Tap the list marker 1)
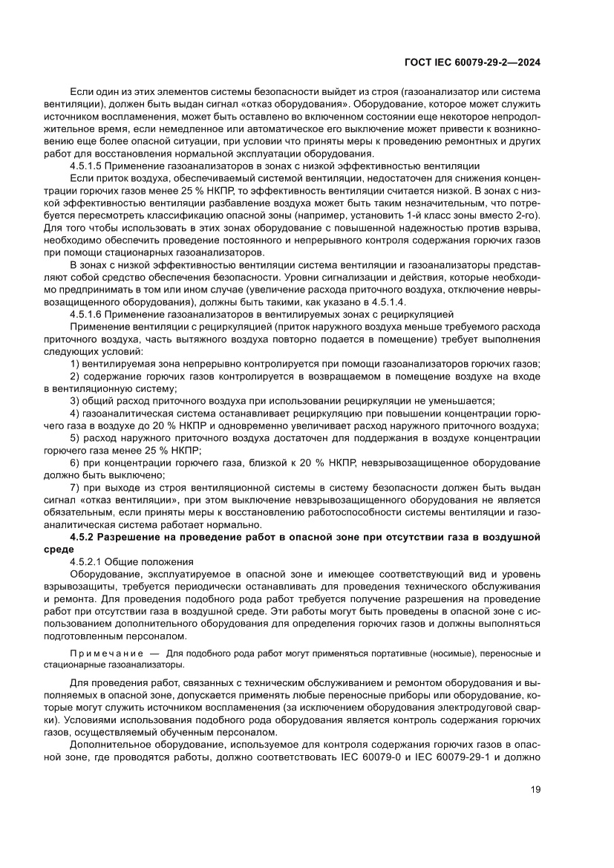[75, 363]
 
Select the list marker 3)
[75, 400]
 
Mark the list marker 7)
[75, 486]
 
